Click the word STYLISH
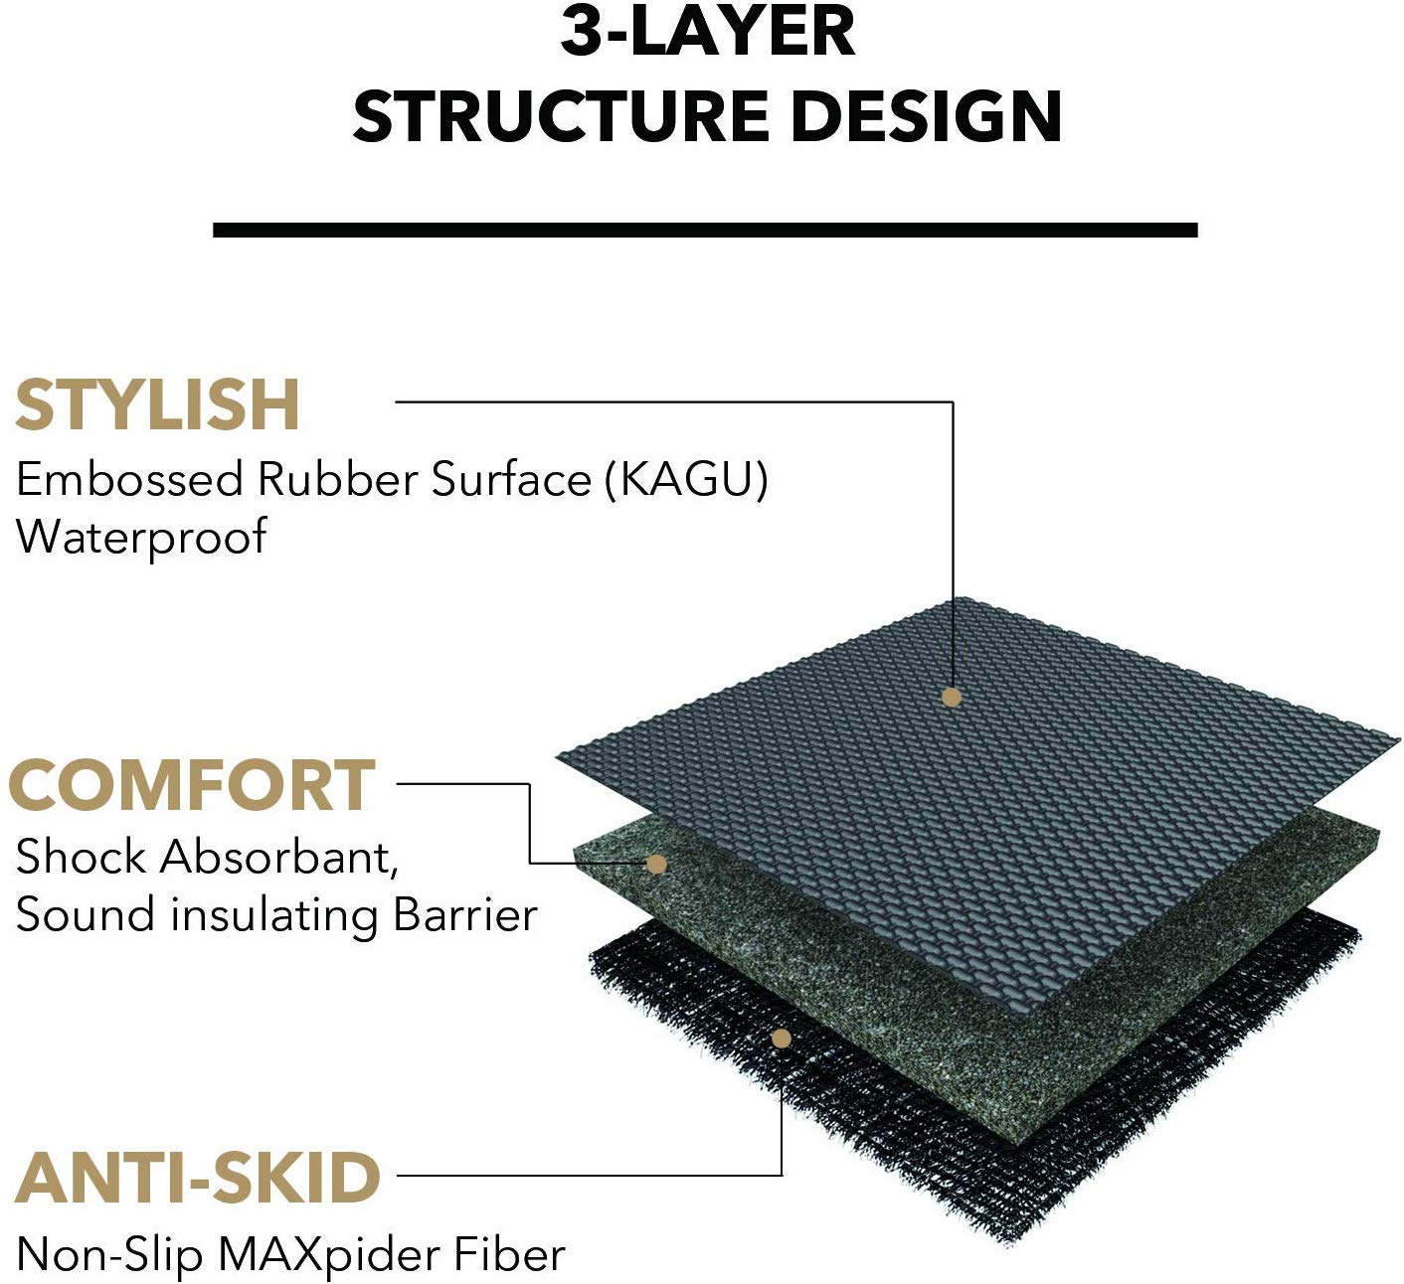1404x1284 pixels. tap(157, 404)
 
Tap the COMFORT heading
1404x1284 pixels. tap(193, 785)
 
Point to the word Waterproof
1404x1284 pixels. tap(141, 538)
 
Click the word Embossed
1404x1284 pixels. tap(129, 479)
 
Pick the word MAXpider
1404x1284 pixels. tap(330, 1257)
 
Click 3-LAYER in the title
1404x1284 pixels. tap(708, 32)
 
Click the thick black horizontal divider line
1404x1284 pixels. tap(706, 230)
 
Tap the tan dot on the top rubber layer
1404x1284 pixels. tap(952, 697)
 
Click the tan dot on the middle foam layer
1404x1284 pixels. tap(656, 865)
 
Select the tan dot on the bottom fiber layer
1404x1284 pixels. tap(782, 1039)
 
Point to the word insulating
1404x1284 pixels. tap(273, 915)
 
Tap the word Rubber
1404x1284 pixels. tap(337, 479)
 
